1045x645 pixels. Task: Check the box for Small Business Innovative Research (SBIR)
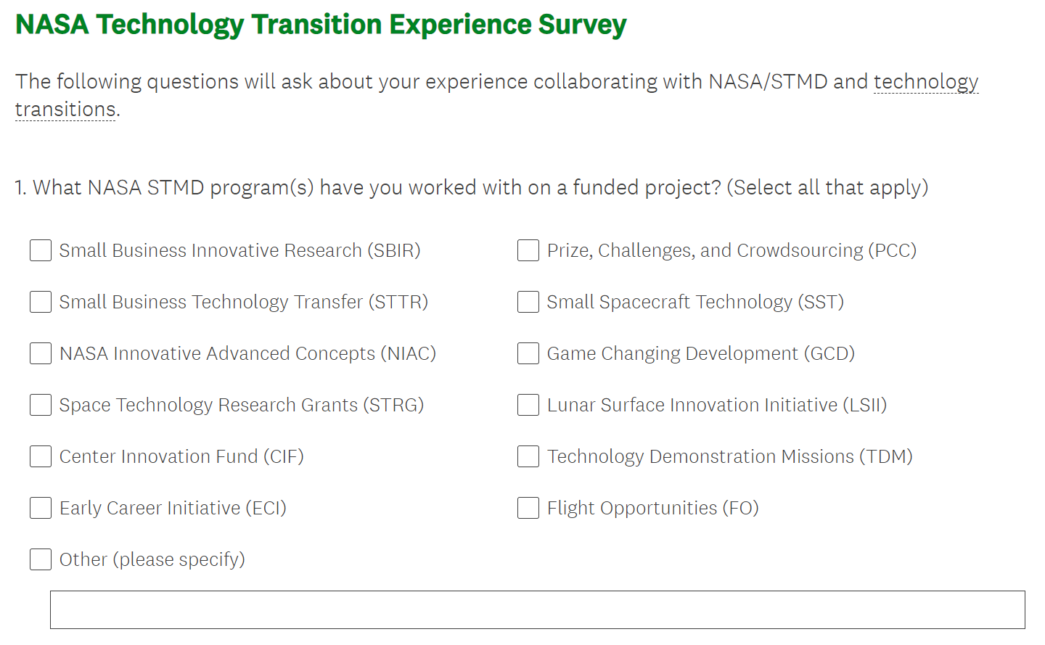41,250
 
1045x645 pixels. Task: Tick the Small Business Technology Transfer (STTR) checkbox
41,302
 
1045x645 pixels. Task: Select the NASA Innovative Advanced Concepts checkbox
41,353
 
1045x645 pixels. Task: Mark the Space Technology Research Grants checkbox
41,405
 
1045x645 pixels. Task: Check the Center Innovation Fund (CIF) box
41,456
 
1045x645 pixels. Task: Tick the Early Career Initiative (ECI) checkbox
41,508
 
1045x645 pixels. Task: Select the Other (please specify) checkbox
41,559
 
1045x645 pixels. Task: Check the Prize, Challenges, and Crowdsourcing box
528,250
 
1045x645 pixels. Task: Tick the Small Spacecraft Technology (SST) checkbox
528,302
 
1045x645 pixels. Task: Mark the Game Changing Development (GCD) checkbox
528,353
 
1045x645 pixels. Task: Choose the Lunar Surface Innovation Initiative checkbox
528,405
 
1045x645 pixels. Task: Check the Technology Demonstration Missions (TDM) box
528,456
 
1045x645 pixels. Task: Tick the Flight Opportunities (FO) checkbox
528,508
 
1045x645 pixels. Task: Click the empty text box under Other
538,609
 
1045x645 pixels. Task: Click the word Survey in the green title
582,25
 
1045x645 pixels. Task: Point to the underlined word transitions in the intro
65,109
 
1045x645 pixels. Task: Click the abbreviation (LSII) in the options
865,405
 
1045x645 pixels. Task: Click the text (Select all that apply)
827,187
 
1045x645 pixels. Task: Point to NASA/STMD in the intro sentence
768,81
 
